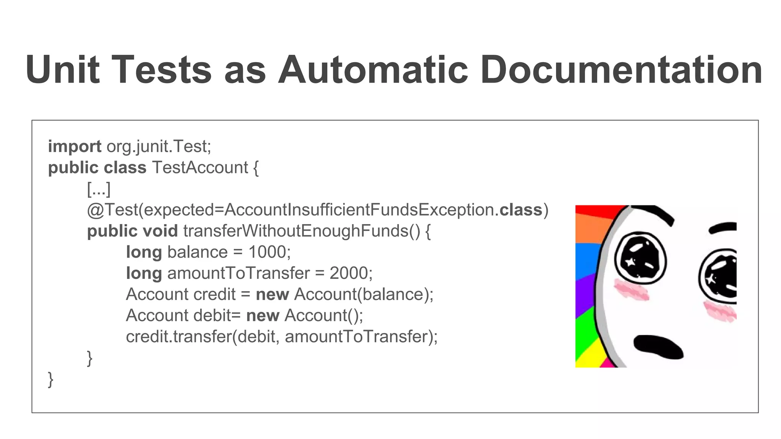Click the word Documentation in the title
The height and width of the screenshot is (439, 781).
click(621, 70)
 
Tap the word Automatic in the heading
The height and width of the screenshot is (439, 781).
click(373, 70)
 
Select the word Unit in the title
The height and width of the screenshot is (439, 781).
click(63, 70)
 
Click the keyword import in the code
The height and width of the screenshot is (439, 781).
click(74, 147)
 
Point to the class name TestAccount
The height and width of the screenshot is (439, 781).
click(200, 168)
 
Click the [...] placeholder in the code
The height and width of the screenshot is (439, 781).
click(99, 189)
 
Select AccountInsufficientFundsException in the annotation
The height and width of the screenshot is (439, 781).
click(359, 210)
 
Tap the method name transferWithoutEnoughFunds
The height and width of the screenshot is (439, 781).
click(301, 231)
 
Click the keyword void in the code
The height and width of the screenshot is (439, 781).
click(160, 231)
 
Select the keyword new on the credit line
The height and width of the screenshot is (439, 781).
click(272, 295)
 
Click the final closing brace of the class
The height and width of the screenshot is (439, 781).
click(51, 379)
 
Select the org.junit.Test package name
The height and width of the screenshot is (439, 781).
click(158, 147)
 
